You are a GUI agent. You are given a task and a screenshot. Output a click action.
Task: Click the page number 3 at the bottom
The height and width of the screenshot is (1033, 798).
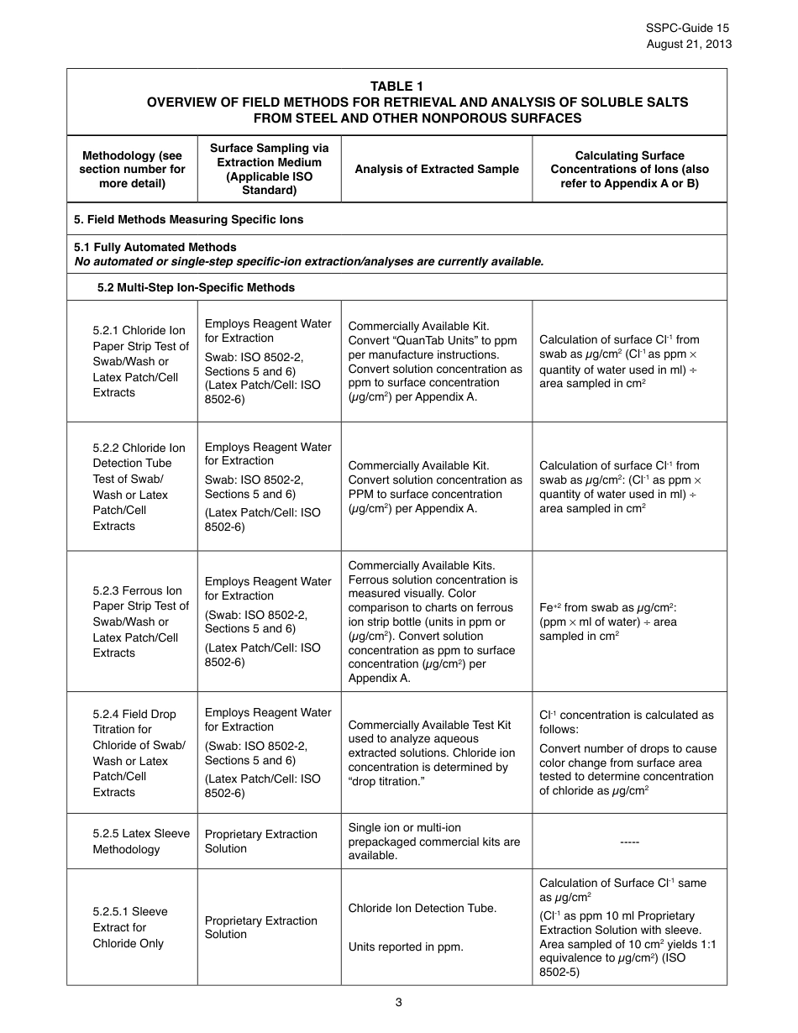coord(398,1001)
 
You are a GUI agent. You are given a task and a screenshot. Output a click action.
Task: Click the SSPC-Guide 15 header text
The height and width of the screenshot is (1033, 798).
coord(688,28)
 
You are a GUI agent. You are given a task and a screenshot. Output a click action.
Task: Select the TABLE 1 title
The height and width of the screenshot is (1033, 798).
coord(396,87)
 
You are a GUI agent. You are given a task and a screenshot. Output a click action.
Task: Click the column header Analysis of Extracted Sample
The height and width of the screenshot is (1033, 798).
coord(436,169)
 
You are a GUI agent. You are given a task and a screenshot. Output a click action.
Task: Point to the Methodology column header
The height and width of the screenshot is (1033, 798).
coord(132,169)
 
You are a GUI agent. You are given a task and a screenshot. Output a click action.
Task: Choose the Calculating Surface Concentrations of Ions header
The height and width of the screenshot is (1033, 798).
coord(629,169)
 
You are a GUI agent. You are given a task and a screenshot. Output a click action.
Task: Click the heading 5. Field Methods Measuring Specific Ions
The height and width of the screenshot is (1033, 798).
coord(189,219)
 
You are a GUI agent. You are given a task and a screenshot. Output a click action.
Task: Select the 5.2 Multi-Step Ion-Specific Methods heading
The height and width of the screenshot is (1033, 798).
coord(196,287)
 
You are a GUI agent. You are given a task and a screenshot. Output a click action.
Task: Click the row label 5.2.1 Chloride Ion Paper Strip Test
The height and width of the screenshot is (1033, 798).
coord(140,361)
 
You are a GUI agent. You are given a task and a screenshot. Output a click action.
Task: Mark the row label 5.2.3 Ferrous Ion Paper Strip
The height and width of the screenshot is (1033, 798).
coord(140,621)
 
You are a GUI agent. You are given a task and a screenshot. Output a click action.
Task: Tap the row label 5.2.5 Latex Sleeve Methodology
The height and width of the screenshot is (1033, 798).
coord(140,841)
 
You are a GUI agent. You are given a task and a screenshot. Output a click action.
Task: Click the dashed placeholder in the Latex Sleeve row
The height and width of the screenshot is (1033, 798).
coord(629,842)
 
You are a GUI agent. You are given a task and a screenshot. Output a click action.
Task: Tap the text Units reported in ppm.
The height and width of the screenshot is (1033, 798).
coord(406,946)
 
